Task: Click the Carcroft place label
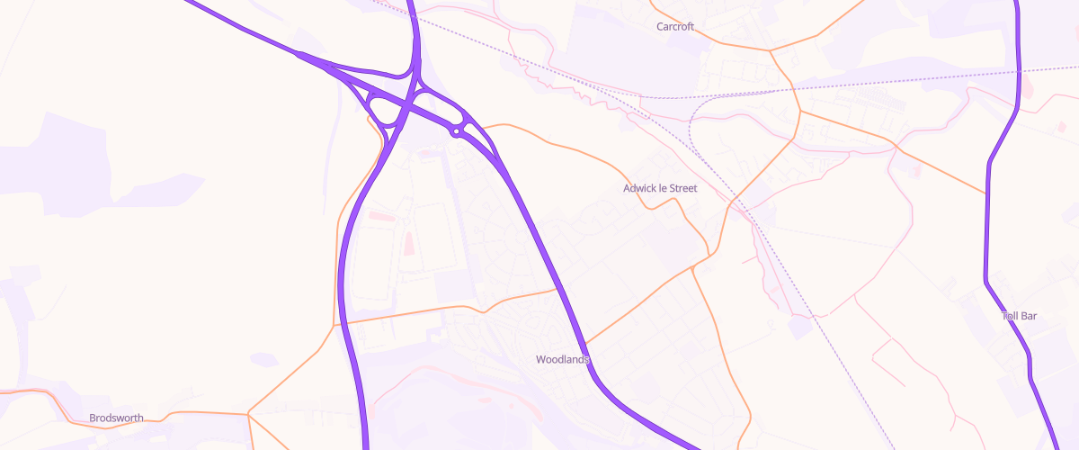click(675, 27)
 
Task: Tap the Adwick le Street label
click(661, 189)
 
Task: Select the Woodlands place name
click(562, 359)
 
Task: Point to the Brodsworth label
click(116, 418)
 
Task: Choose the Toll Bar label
click(1020, 317)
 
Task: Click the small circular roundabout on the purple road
click(457, 132)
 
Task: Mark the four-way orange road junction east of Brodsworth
click(248, 414)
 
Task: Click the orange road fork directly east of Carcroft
click(771, 50)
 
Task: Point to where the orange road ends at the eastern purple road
click(987, 192)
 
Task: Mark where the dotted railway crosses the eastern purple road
click(1019, 70)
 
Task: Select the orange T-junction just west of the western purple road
click(335, 324)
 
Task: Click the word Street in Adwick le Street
click(682, 189)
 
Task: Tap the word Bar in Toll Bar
click(1030, 317)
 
